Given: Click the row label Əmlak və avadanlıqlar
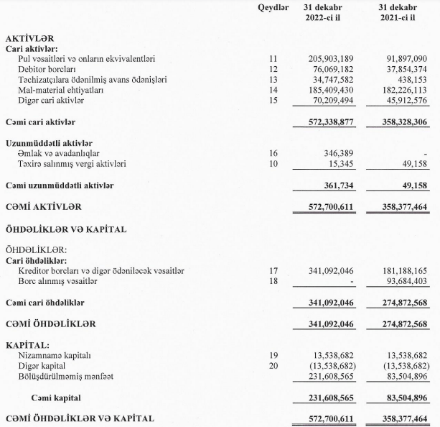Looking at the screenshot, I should click(59, 154).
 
